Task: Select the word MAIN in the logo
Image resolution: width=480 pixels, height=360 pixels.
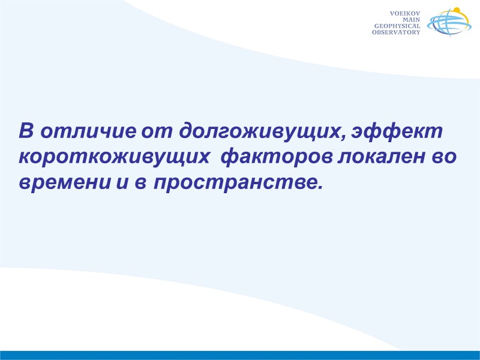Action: click(x=412, y=19)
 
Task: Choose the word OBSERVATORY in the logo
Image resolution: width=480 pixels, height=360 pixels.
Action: click(x=396, y=32)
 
